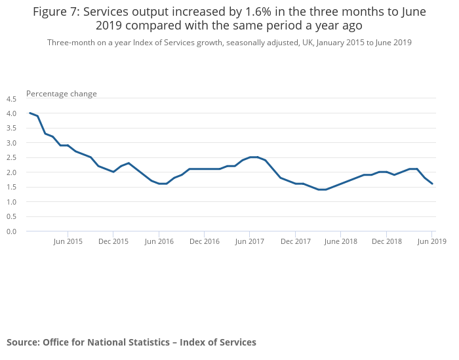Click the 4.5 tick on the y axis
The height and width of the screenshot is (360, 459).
(x=11, y=99)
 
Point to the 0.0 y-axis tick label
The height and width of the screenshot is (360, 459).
(x=11, y=231)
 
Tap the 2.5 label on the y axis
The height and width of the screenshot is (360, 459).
(x=11, y=158)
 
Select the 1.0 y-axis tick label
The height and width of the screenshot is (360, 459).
(x=11, y=202)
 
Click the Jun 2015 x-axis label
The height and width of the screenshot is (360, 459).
(x=68, y=241)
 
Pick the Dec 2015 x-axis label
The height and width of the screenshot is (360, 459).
(x=113, y=241)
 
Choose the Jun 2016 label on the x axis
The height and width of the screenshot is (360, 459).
(x=159, y=241)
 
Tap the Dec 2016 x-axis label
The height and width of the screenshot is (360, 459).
(x=205, y=241)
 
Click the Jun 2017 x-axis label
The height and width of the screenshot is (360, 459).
(x=250, y=241)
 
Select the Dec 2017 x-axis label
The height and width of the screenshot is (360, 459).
(x=296, y=241)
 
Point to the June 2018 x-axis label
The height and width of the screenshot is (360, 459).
(x=341, y=241)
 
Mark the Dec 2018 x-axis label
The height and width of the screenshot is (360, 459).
(x=387, y=241)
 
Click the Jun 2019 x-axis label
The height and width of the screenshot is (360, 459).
(x=432, y=241)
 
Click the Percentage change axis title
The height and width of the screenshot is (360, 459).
(x=62, y=94)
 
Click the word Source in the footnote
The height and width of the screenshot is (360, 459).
(x=22, y=342)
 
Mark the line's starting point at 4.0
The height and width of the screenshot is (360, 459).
(x=30, y=113)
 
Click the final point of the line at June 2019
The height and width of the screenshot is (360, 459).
(x=432, y=184)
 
